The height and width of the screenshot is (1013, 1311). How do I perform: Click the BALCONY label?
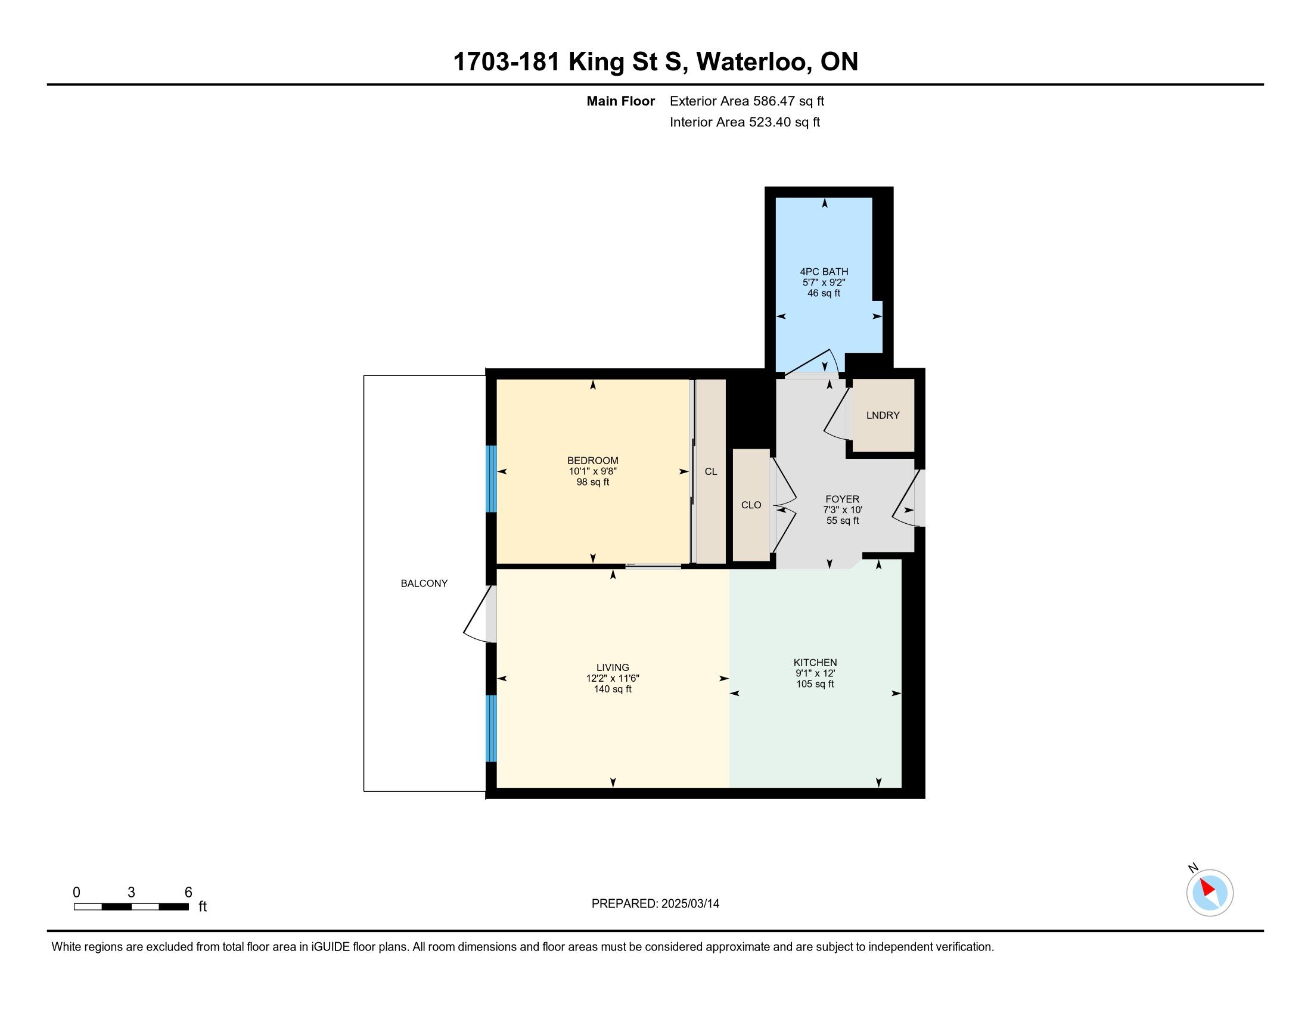[x=424, y=583]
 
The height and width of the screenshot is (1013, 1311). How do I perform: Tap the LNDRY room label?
[x=883, y=415]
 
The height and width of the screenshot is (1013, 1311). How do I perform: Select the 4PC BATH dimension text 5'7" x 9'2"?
[x=824, y=282]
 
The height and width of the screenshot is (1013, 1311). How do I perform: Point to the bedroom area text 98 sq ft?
[x=592, y=482]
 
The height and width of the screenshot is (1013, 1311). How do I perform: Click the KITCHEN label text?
[x=815, y=663]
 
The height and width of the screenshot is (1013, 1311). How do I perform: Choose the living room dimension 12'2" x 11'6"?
[x=613, y=678]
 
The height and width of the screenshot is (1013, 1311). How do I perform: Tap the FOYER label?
[x=842, y=499]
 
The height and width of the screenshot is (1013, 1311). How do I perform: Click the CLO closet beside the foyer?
[x=751, y=505]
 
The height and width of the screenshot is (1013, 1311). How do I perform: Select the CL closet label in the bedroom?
[x=711, y=472]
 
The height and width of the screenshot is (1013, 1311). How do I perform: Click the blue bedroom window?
[x=491, y=479]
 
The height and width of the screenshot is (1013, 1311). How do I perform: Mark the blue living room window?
[x=491, y=729]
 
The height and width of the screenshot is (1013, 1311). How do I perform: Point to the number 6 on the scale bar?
[x=188, y=893]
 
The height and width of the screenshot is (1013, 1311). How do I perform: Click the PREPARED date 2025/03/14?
[x=689, y=904]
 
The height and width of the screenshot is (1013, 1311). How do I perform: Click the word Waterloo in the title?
[x=751, y=62]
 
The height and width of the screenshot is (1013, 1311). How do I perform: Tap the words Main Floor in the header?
[x=621, y=101]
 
